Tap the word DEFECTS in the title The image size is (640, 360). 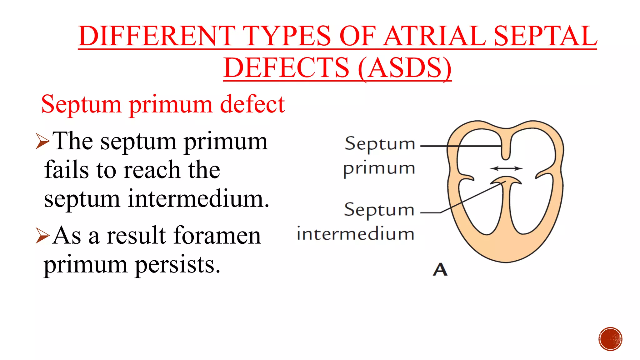pyautogui.click(x=286, y=68)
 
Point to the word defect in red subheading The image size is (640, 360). pyautogui.click(x=252, y=104)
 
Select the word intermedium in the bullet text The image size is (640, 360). pyautogui.click(x=198, y=199)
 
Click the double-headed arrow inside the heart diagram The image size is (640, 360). pyautogui.click(x=506, y=168)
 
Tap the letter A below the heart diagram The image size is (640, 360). pyautogui.click(x=440, y=269)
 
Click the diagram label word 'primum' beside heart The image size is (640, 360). pyautogui.click(x=379, y=168)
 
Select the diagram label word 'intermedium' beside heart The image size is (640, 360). pyautogui.click(x=356, y=234)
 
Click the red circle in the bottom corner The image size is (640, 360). pyautogui.click(x=610, y=339)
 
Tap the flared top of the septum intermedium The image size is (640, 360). pyautogui.click(x=506, y=180)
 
